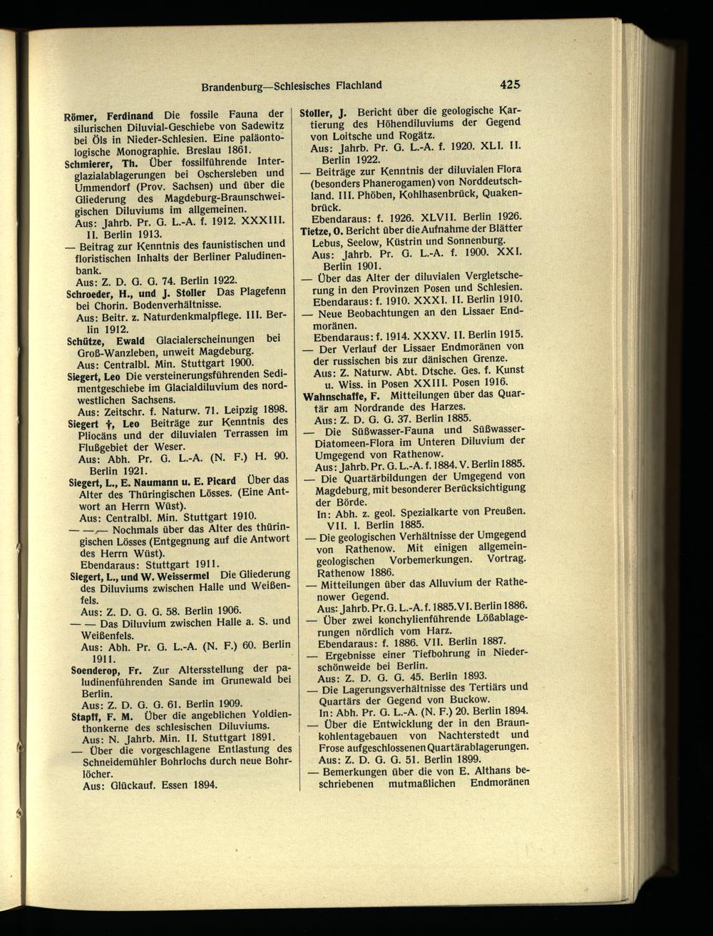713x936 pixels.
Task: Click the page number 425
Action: coord(511,84)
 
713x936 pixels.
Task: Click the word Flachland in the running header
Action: coord(353,85)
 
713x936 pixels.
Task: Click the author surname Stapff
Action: coord(87,716)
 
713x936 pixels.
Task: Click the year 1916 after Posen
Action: coord(494,381)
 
